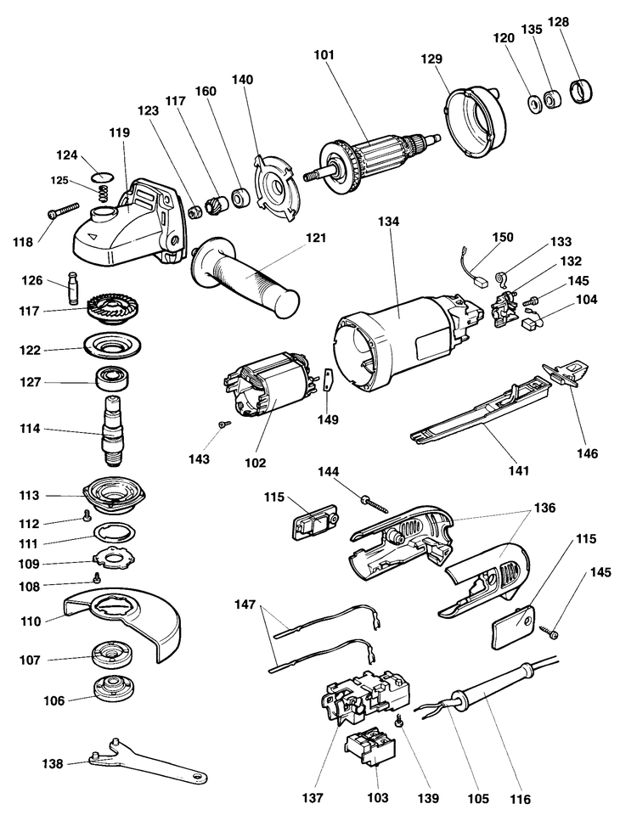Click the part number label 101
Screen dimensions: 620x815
coord(324,54)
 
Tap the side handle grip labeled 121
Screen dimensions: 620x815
coord(245,274)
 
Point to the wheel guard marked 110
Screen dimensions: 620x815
coord(124,626)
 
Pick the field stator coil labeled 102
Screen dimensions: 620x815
coord(268,385)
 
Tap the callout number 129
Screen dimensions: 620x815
coord(431,59)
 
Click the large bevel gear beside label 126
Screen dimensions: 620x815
coord(115,311)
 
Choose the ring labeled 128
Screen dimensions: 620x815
coord(582,91)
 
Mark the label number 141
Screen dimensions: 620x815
coord(519,470)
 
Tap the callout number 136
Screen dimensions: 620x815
coord(544,507)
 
